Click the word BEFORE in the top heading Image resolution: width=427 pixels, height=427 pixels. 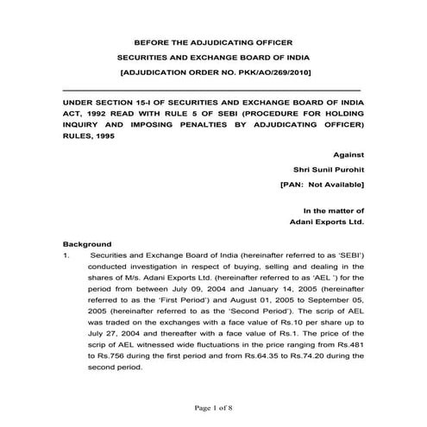point(148,42)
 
